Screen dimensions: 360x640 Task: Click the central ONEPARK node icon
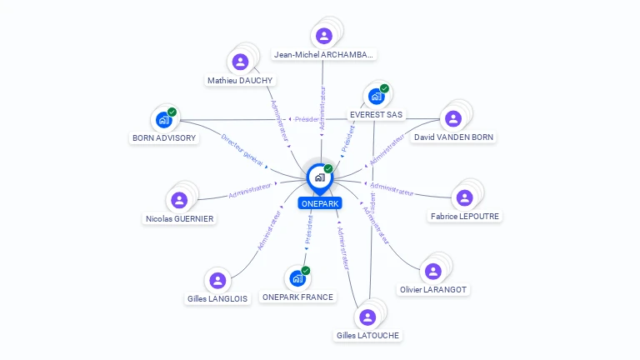pos(319,177)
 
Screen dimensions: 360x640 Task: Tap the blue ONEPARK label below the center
pos(320,203)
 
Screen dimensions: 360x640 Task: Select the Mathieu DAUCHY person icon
pos(240,62)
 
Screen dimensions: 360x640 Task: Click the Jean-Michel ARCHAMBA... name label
pos(324,55)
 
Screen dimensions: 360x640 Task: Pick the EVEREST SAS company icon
pos(376,97)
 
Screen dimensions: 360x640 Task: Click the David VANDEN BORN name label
pos(453,137)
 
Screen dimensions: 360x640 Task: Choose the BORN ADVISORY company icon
pos(163,120)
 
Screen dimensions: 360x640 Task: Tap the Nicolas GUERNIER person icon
pos(179,200)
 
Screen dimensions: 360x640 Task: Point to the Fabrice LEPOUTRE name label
pos(465,217)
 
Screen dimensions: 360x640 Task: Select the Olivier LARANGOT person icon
pos(433,271)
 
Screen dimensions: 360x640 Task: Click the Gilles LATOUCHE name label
pos(367,336)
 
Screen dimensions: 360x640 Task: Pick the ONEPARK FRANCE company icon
pos(297,278)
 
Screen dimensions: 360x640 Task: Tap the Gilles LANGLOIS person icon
pos(217,280)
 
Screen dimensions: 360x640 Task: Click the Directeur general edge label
pos(242,147)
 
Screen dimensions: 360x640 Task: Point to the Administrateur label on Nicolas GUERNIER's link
pos(250,190)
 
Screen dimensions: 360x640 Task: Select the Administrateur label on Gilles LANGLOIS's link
pos(269,230)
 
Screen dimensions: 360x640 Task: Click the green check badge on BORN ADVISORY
pos(172,112)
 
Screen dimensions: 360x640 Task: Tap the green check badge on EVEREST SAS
pos(384,88)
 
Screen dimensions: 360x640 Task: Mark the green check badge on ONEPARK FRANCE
pos(306,270)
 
